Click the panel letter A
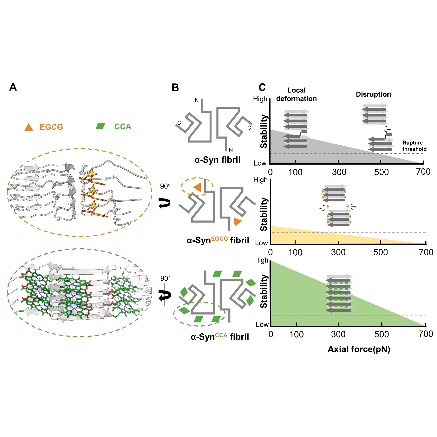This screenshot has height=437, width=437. [x=13, y=87]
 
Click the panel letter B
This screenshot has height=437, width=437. [x=175, y=88]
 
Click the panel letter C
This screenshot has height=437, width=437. [x=262, y=87]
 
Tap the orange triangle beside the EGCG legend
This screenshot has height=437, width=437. [x=29, y=127]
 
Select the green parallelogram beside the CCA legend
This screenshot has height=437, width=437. [x=100, y=127]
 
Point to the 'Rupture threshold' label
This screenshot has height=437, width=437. [x=414, y=146]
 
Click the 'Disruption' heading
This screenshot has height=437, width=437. [x=373, y=95]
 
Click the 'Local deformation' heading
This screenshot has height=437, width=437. [x=296, y=95]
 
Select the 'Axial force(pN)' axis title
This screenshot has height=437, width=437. [x=359, y=349]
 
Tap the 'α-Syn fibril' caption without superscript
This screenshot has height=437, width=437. [x=217, y=160]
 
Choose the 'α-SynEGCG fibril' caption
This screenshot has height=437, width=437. [x=218, y=240]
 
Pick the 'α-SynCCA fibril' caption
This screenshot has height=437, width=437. [x=219, y=336]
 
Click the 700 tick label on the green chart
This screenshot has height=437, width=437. [x=426, y=334]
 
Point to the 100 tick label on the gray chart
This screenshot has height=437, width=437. [x=295, y=172]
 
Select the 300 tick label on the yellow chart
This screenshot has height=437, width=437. [x=338, y=252]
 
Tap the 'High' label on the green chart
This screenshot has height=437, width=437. [x=261, y=260]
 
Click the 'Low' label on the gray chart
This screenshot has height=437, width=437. [x=260, y=163]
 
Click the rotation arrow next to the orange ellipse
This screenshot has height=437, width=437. [x=165, y=203]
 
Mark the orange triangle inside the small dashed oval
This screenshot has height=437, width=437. [x=197, y=187]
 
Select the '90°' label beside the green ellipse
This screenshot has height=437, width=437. [x=165, y=278]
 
